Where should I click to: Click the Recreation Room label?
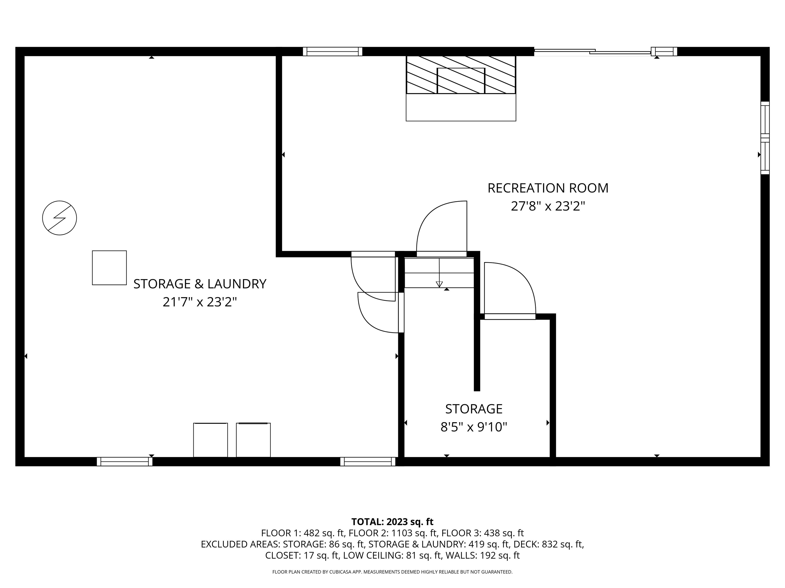coord(548,188)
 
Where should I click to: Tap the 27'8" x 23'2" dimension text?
coord(548,206)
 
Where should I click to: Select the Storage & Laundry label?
coord(200,284)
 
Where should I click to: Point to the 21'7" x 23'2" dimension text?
coord(200,302)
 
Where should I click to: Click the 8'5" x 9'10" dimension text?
coord(474,427)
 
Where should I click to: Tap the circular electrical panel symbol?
coord(60,218)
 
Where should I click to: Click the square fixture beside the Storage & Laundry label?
coord(109,268)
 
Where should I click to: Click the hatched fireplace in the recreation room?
coord(461,75)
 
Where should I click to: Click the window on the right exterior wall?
coord(765,138)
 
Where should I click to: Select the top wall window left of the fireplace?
coord(332,51)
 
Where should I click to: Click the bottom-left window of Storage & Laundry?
coord(124,461)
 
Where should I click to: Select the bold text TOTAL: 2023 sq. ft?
coord(392,522)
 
